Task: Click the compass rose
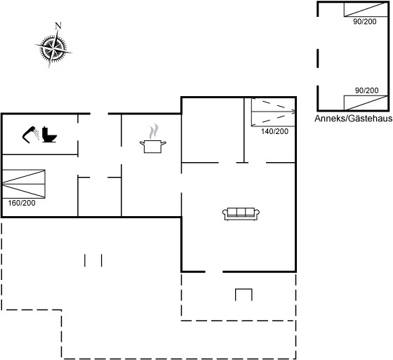53,48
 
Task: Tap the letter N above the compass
58,25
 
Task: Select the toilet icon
49,135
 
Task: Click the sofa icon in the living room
241,214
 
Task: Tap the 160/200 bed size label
22,203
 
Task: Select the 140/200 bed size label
274,131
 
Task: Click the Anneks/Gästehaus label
354,119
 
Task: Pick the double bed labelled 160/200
24,184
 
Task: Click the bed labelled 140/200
273,112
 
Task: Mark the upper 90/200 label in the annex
365,22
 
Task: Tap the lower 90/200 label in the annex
366,91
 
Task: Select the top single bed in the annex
366,10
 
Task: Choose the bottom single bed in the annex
366,102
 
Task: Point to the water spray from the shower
36,134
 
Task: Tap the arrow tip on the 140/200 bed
295,112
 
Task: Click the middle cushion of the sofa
241,212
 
